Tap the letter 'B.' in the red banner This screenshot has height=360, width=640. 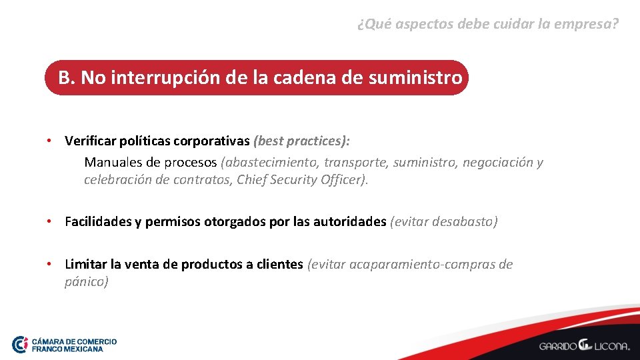point(67,78)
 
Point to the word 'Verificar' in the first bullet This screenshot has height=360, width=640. point(90,141)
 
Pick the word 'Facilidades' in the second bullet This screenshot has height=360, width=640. point(98,221)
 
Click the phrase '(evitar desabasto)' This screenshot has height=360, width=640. point(444,221)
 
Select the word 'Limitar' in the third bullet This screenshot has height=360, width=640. point(87,264)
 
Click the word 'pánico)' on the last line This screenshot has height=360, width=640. point(87,281)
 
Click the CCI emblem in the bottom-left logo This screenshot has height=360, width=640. point(20,344)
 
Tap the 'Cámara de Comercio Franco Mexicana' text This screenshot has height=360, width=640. point(74,345)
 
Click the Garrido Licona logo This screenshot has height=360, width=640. point(584,345)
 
